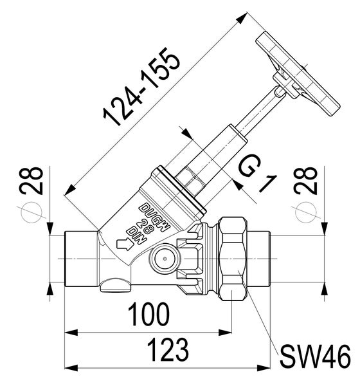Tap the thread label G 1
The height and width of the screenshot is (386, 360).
tap(255, 175)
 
